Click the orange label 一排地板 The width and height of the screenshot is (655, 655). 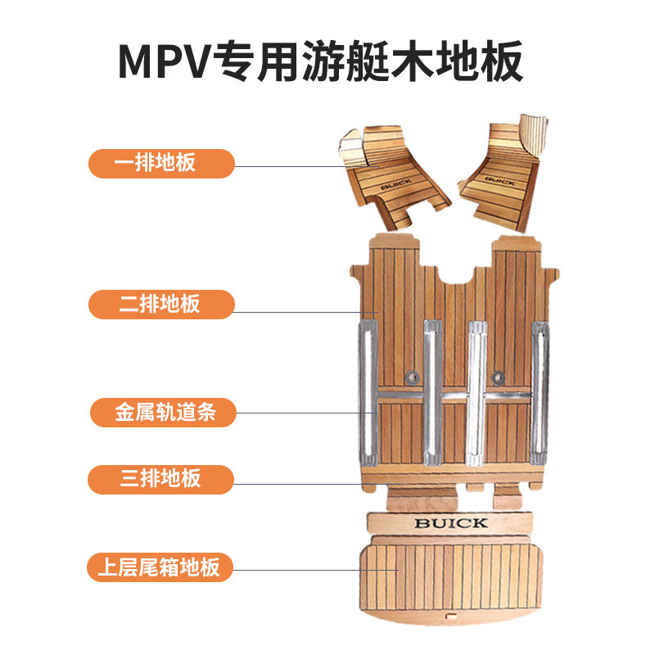click(161, 162)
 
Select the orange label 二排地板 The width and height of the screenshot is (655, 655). click(161, 305)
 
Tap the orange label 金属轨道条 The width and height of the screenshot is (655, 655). click(161, 413)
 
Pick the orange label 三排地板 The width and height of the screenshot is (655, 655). click(161, 479)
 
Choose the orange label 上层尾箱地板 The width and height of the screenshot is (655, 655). click(161, 567)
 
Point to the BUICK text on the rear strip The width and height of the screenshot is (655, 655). click(450, 522)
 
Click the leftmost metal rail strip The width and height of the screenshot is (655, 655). click(368, 393)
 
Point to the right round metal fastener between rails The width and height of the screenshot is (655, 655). click(496, 377)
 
